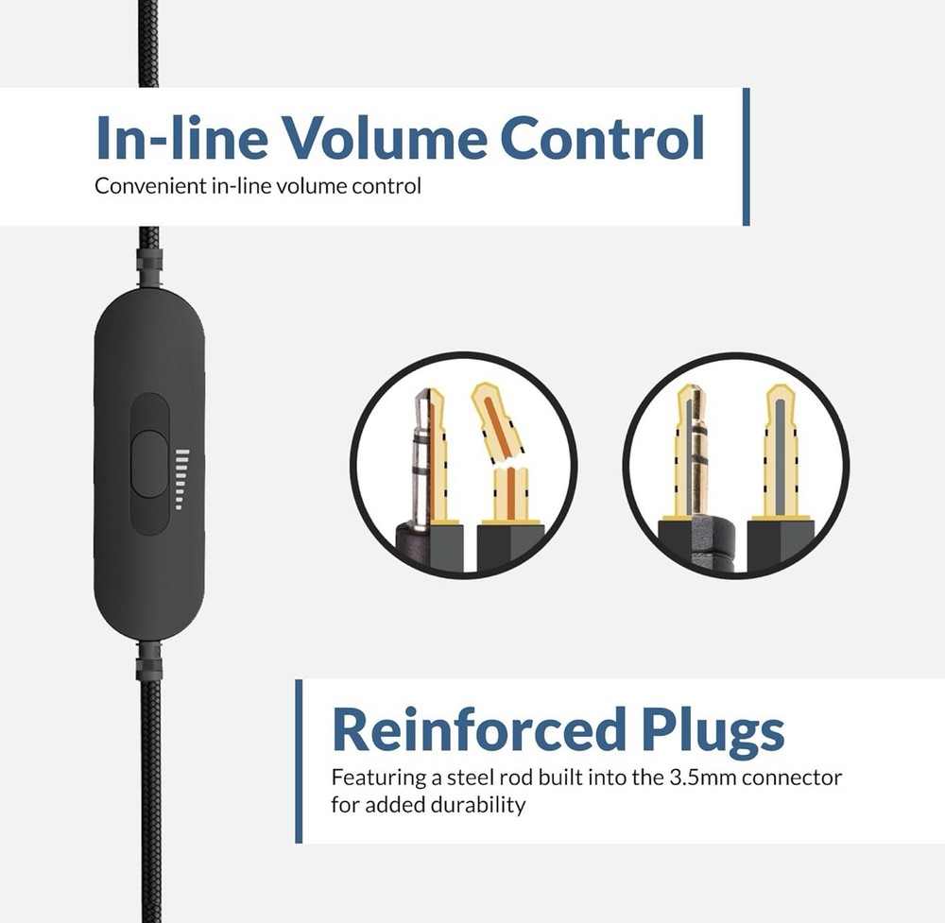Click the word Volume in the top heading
coord(385,137)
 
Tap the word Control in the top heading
coord(602,137)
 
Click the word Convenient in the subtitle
coord(150,185)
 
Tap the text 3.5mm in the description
coord(703,778)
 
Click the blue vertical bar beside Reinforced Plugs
coord(299,761)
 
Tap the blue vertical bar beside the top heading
coord(747,157)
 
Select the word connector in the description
coord(791,778)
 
